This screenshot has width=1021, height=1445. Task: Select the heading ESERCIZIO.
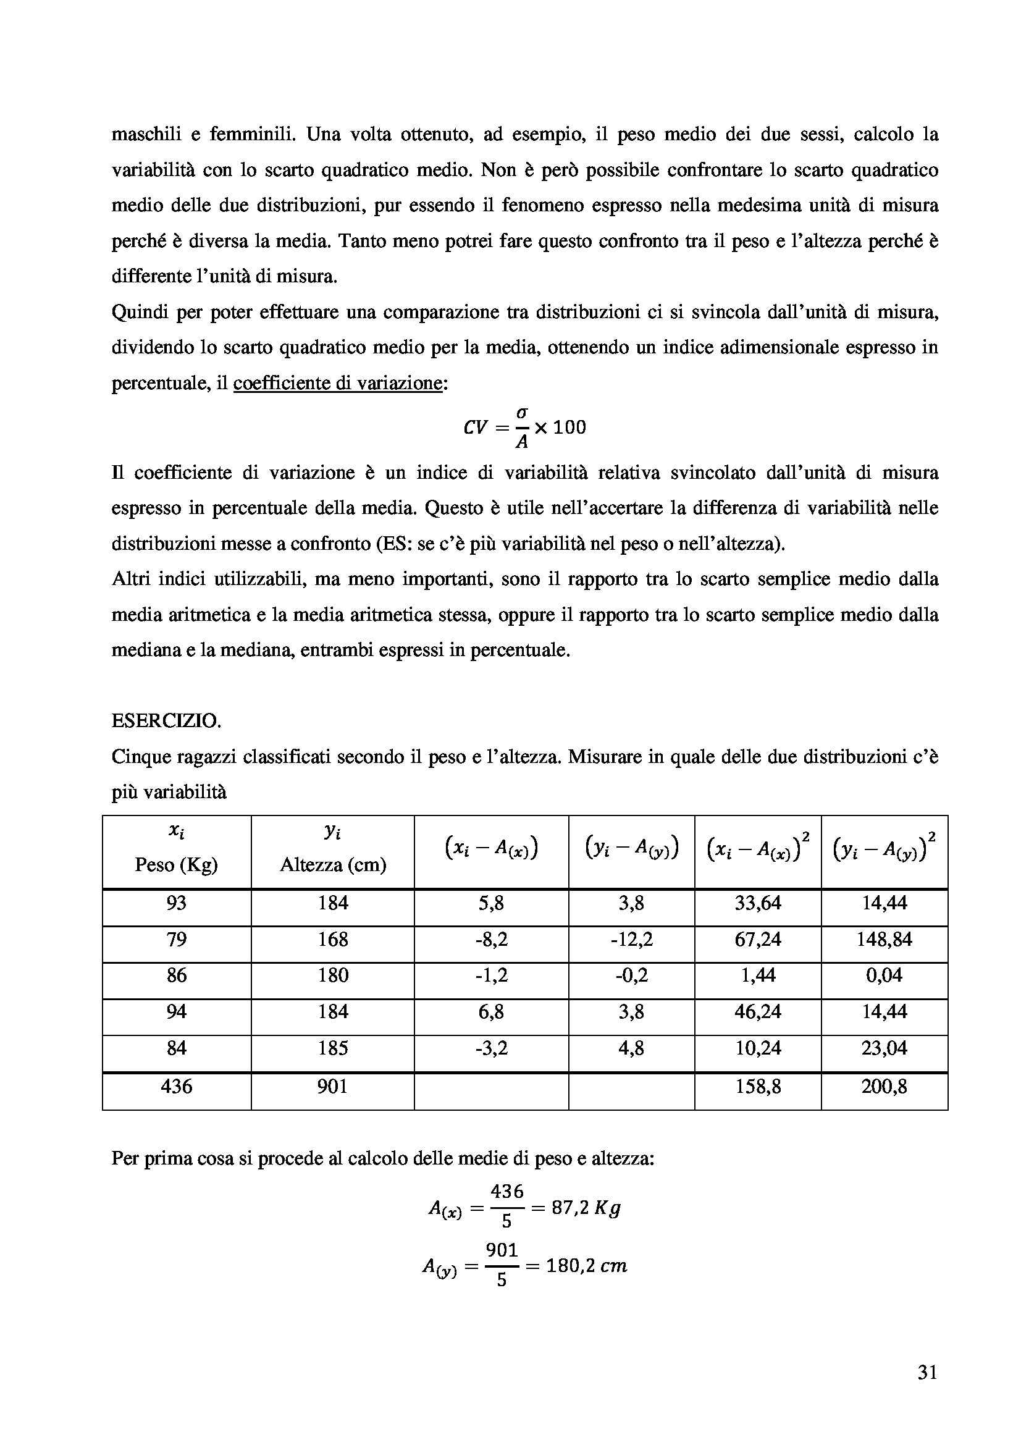pos(166,721)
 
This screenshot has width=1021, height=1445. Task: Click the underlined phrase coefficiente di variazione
pos(338,382)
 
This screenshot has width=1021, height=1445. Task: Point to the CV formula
pos(524,428)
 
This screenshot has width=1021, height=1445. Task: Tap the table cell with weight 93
pos(176,904)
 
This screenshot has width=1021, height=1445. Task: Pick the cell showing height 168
pos(332,940)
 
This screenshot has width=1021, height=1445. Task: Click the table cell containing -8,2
pos(491,940)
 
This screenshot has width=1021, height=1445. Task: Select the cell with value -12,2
pos(631,940)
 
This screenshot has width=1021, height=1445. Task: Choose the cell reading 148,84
pos(884,940)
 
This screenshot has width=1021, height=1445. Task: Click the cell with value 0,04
pos(884,975)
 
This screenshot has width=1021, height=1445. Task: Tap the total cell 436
pos(176,1086)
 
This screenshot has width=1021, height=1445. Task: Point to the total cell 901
pos(332,1086)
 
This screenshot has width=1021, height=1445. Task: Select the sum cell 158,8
pos(757,1086)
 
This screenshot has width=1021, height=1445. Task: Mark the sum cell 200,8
pos(884,1086)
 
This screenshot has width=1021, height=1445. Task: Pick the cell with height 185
pos(332,1048)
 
